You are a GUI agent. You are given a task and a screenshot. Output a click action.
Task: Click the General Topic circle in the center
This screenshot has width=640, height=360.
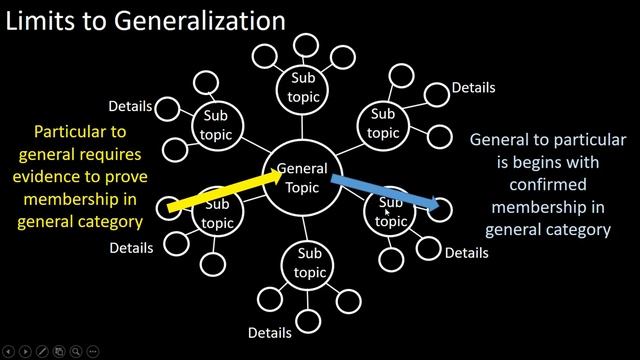[301, 178]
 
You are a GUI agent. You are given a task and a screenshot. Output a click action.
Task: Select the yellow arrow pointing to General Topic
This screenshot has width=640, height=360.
[226, 191]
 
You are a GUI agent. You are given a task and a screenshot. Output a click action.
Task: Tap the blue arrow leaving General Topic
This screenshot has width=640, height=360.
[385, 193]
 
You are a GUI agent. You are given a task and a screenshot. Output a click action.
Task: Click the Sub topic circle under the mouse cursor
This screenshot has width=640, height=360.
[390, 211]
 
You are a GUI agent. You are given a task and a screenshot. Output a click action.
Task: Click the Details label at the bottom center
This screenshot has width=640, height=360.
[270, 332]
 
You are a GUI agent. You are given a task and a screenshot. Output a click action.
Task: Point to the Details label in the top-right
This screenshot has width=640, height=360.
[474, 87]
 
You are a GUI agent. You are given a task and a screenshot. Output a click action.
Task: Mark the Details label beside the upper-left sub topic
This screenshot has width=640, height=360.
[130, 105]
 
